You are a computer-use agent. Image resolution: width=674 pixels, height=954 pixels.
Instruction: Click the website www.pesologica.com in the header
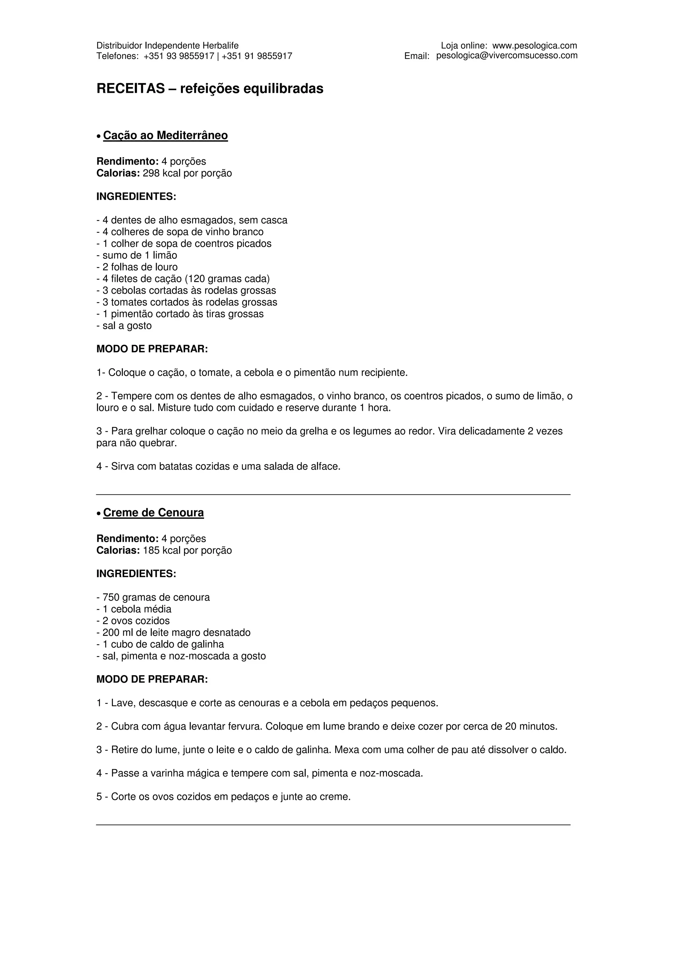[x=534, y=46]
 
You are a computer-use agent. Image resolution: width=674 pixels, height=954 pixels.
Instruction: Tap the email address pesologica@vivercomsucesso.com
[x=506, y=56]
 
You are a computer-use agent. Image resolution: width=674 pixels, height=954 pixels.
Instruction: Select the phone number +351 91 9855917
[x=257, y=56]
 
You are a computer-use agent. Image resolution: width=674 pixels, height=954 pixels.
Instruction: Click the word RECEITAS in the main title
[x=131, y=89]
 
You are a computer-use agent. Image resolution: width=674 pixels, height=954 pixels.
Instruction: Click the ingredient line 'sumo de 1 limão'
[x=137, y=255]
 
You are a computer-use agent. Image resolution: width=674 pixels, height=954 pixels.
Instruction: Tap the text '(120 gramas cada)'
[x=227, y=279]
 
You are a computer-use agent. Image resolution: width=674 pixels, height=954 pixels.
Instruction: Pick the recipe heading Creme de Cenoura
[x=153, y=513]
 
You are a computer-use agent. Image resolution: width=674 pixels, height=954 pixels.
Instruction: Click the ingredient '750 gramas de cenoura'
[x=153, y=597]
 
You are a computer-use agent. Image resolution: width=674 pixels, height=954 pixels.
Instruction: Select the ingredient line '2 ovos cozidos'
[x=133, y=621]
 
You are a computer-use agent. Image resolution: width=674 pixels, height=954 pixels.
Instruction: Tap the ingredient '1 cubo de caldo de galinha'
[x=160, y=645]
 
